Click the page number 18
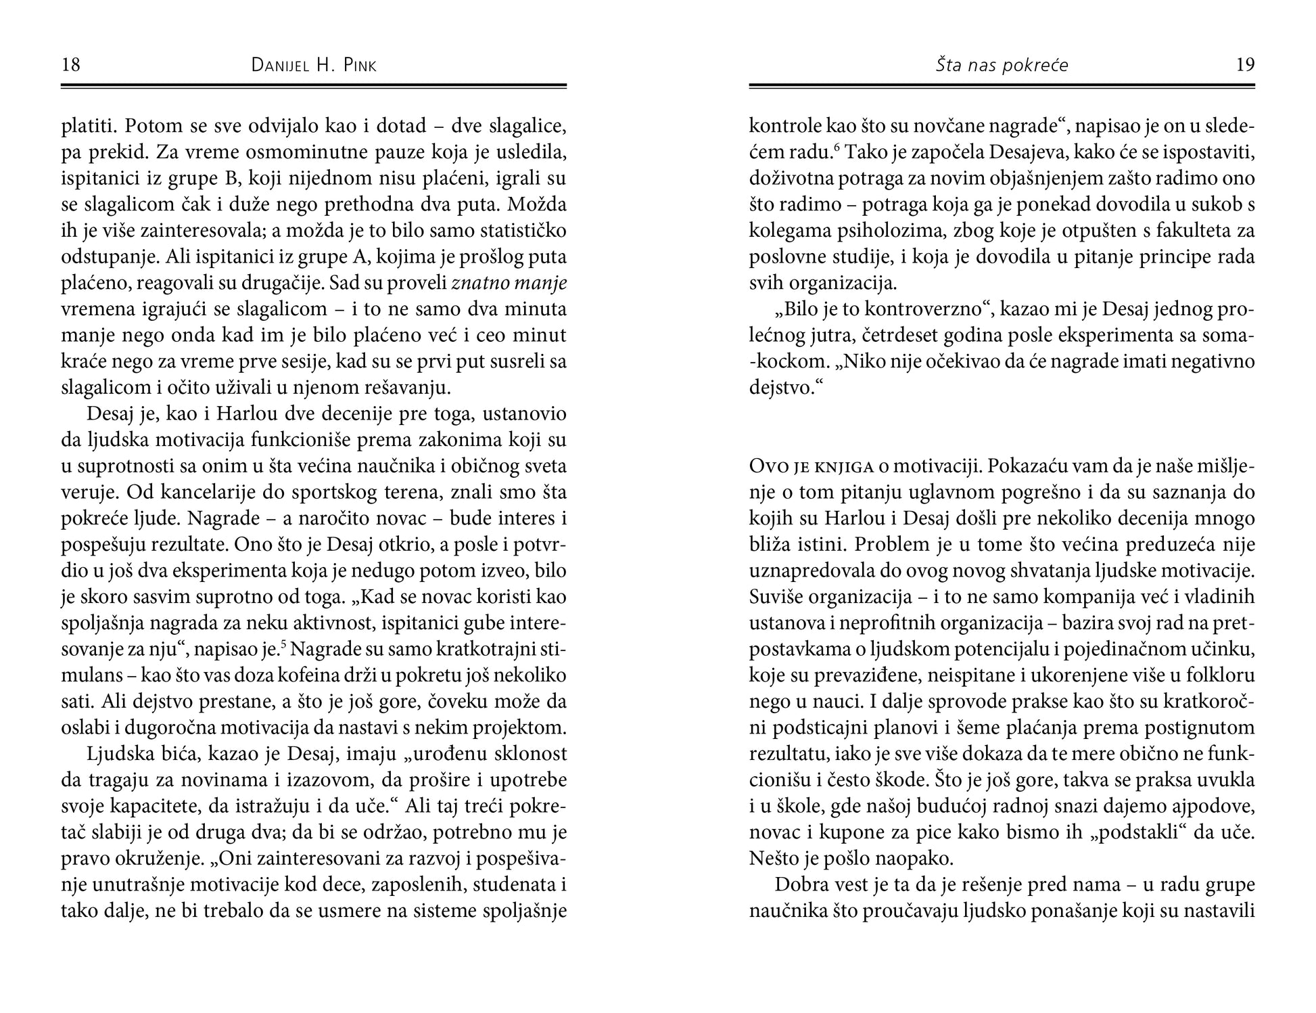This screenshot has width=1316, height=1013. (71, 65)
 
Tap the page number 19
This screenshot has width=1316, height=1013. (1245, 65)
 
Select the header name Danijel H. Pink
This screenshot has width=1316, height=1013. (314, 66)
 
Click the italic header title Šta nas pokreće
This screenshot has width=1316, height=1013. (1002, 66)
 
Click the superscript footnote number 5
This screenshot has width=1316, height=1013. (284, 646)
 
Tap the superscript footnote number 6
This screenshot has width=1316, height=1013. (837, 148)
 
